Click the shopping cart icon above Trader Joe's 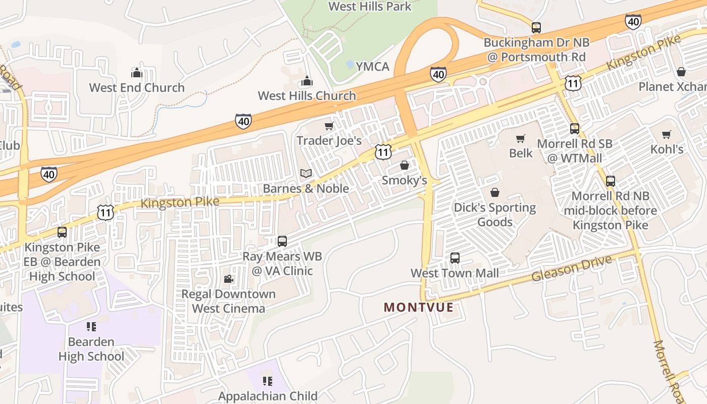click(x=329, y=126)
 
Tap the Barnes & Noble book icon click(x=306, y=173)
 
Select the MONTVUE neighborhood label click(x=418, y=307)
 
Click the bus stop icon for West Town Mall click(x=454, y=258)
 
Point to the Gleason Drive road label click(x=571, y=269)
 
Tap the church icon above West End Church click(x=136, y=73)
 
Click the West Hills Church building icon click(x=307, y=81)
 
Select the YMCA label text click(x=373, y=67)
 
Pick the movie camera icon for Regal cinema click(x=228, y=279)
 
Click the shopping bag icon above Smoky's click(x=404, y=165)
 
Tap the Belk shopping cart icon click(x=521, y=138)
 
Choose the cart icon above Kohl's click(x=667, y=134)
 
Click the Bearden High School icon click(x=91, y=327)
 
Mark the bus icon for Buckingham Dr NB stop click(x=536, y=27)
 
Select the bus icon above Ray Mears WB click(x=282, y=241)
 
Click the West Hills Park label click(x=370, y=7)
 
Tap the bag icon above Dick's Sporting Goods click(x=494, y=192)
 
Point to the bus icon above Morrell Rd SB click(x=574, y=129)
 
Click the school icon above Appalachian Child click(x=267, y=381)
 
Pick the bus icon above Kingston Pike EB click(x=62, y=232)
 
